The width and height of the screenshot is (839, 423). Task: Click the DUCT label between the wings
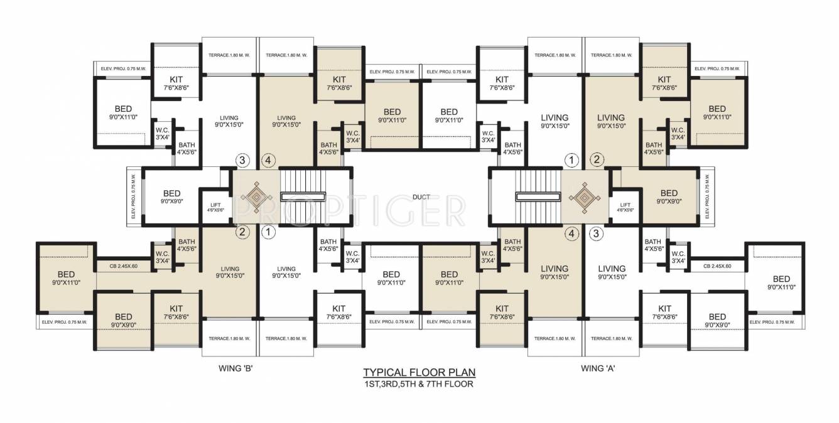pyautogui.click(x=421, y=197)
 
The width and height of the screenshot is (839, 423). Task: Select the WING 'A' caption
pyautogui.click(x=597, y=368)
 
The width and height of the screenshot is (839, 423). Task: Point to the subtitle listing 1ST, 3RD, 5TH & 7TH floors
pyautogui.click(x=419, y=383)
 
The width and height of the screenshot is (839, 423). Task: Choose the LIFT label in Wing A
pyautogui.click(x=625, y=205)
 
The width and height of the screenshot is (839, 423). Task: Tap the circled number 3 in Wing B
pyautogui.click(x=243, y=160)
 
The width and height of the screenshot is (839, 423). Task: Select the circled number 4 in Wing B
pyautogui.click(x=268, y=160)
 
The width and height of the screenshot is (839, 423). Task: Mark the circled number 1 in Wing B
pyautogui.click(x=268, y=233)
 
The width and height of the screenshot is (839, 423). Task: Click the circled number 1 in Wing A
pyautogui.click(x=571, y=160)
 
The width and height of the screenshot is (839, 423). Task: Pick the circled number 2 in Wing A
pyautogui.click(x=597, y=160)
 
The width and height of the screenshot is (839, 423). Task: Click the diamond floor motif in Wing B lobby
pyautogui.click(x=256, y=196)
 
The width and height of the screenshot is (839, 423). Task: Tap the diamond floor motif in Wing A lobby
pyautogui.click(x=583, y=196)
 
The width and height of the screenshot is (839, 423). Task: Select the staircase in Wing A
pyautogui.click(x=538, y=196)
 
